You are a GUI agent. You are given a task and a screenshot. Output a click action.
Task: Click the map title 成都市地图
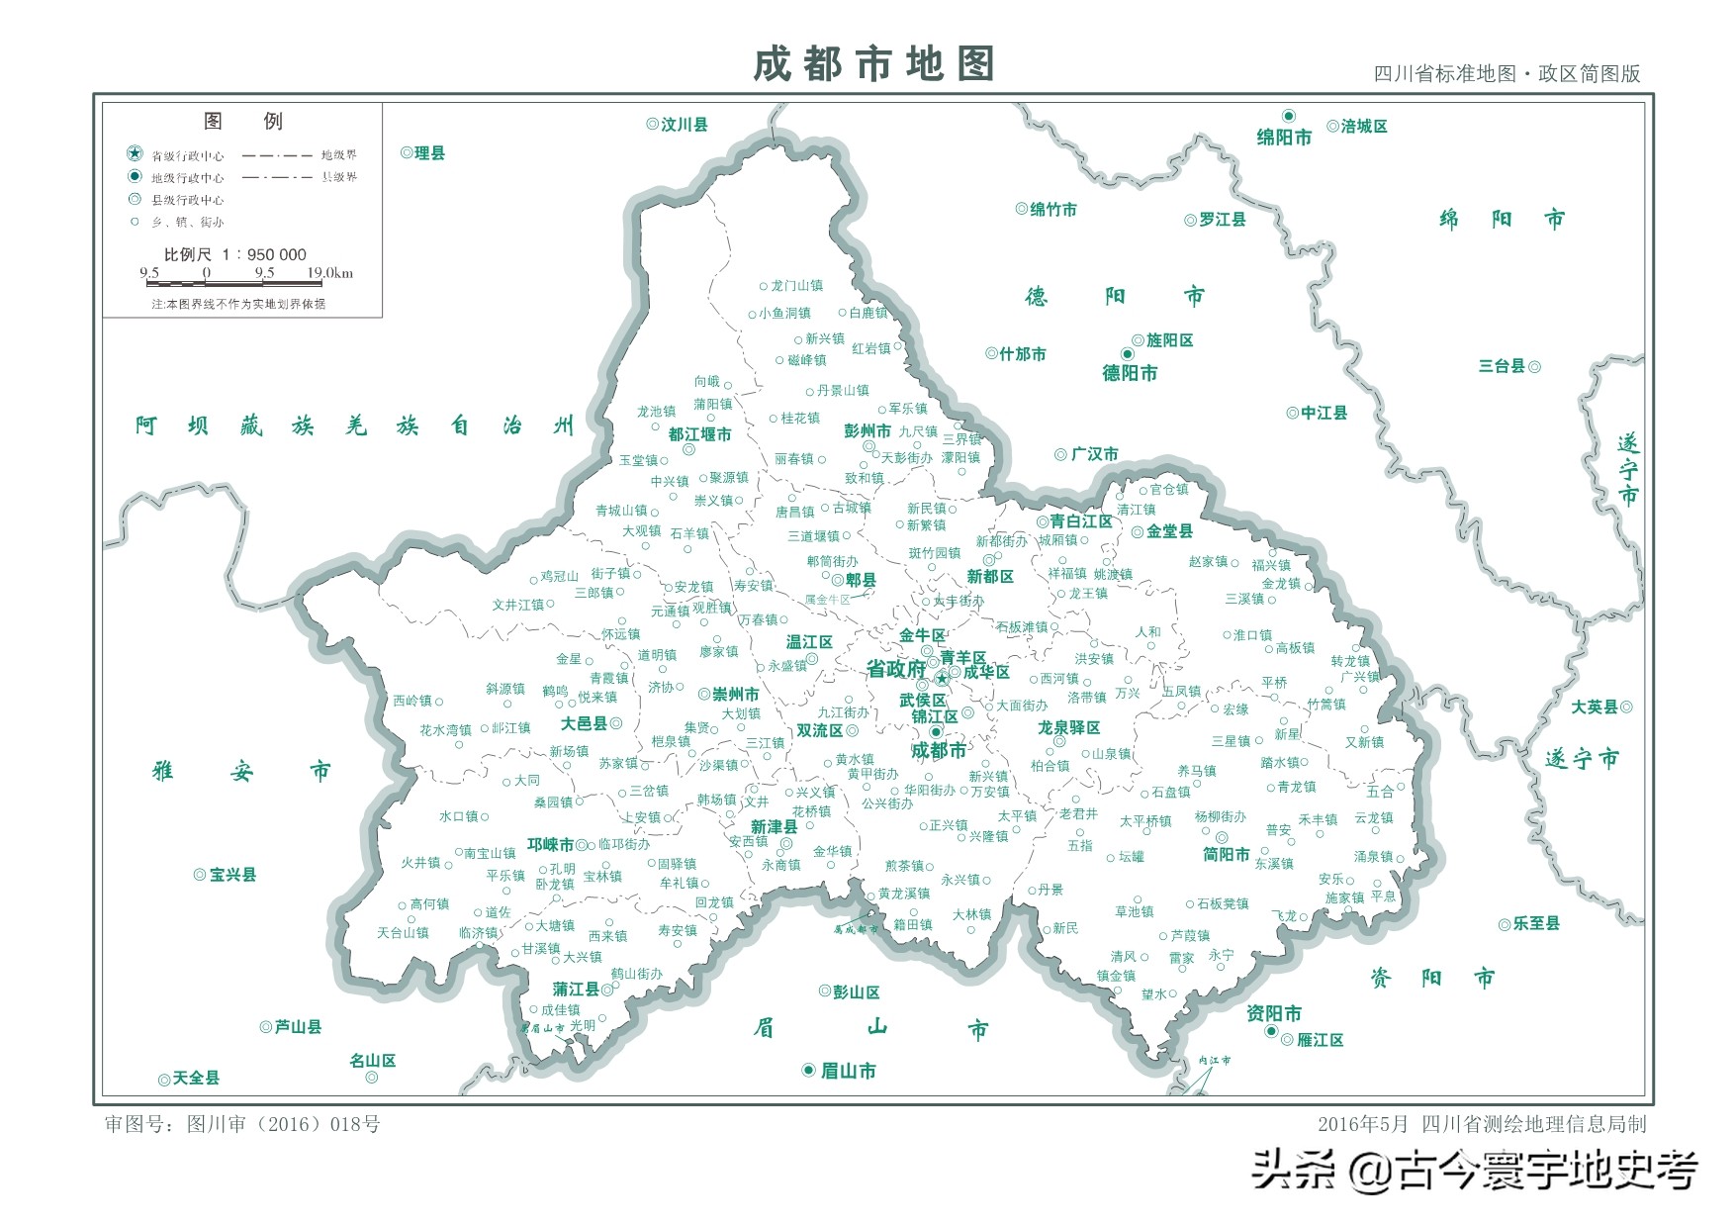(872, 64)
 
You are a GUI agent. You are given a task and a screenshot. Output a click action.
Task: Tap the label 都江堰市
(699, 434)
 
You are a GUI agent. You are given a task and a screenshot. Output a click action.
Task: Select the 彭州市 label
(867, 431)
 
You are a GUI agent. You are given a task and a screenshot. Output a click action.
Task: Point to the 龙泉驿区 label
(1068, 728)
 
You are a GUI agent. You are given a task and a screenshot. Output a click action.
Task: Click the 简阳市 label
(1226, 855)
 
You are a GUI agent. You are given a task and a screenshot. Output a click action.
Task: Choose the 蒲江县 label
(576, 990)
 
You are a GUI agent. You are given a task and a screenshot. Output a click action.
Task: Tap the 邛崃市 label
(550, 845)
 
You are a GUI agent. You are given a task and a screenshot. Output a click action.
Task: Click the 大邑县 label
(584, 724)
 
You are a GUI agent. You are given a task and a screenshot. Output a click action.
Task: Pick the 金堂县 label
(1169, 532)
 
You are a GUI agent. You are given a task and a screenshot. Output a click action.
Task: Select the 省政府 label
(896, 670)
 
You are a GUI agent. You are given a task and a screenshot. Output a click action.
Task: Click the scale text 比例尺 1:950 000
(234, 254)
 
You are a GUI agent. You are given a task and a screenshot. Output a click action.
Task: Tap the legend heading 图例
(242, 121)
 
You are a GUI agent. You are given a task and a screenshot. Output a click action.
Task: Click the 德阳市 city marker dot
(1127, 354)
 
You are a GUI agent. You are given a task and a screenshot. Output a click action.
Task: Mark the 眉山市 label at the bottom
(848, 1071)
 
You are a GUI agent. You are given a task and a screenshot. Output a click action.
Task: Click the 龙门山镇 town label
(796, 286)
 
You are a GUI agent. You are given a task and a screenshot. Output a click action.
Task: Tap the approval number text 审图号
(242, 1124)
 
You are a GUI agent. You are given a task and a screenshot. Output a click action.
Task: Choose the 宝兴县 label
(232, 875)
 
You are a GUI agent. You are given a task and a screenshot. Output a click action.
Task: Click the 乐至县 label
(1535, 923)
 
